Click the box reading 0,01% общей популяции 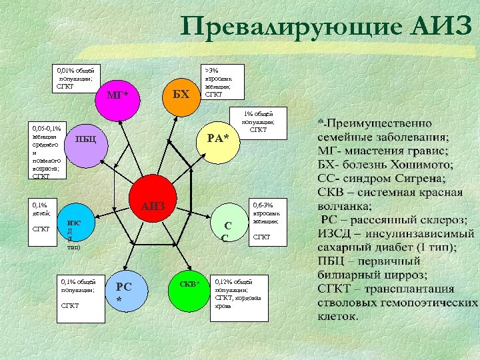pyautogui.click(x=75, y=78)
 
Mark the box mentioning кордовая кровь pyautogui.click(x=239, y=294)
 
